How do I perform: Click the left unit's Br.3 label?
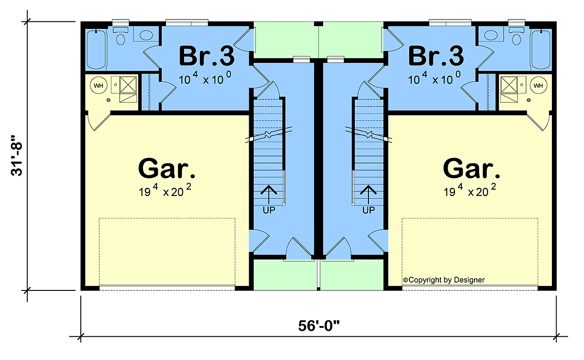pyautogui.click(x=207, y=56)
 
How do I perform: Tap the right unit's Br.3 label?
pyautogui.click(x=436, y=56)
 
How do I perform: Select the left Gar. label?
pyautogui.click(x=166, y=168)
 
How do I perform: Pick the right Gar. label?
pyautogui.click(x=472, y=168)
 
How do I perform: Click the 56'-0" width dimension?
pyautogui.click(x=319, y=326)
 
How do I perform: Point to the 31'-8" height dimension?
pyautogui.click(x=17, y=155)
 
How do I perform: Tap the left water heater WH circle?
pyautogui.click(x=98, y=86)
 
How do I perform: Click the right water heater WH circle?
pyautogui.click(x=538, y=86)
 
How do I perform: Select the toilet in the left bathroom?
pyautogui.click(x=121, y=36)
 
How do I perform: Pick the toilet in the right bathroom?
pyautogui.click(x=516, y=36)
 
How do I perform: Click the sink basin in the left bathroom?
pyautogui.click(x=146, y=35)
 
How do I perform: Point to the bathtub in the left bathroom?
pyautogui.click(x=96, y=50)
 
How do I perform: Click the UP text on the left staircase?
pyautogui.click(x=269, y=210)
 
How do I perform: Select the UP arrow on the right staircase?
pyautogui.click(x=368, y=195)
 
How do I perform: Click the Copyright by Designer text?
pyautogui.click(x=444, y=280)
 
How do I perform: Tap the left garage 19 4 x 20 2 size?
pyautogui.click(x=165, y=190)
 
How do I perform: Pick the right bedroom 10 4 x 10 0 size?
pyautogui.click(x=434, y=78)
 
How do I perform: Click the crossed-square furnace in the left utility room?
pyautogui.click(x=128, y=85)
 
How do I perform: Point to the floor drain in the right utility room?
pyautogui.click(x=529, y=100)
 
